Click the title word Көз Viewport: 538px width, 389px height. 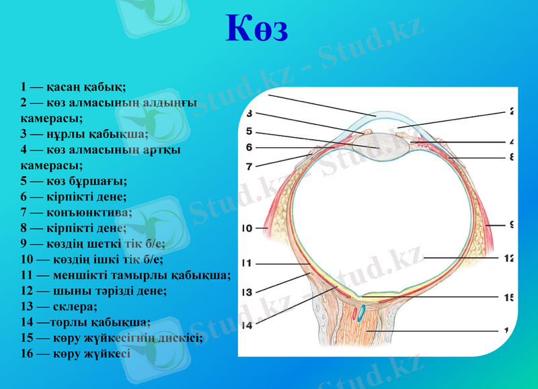(x=256, y=30)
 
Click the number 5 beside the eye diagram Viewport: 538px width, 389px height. (x=249, y=131)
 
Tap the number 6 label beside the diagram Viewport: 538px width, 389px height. (x=249, y=147)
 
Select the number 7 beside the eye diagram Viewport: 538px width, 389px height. (x=249, y=166)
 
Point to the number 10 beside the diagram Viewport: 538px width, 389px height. (x=246, y=228)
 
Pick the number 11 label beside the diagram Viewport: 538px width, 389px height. (x=246, y=263)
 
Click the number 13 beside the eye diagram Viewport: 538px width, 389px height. (x=246, y=292)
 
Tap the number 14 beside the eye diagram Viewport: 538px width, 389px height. (x=246, y=325)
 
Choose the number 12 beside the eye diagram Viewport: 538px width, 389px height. (x=509, y=257)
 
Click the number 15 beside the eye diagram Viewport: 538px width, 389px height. (x=509, y=296)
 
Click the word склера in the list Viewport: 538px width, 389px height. (x=74, y=306)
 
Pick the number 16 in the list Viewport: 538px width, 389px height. (x=28, y=353)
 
